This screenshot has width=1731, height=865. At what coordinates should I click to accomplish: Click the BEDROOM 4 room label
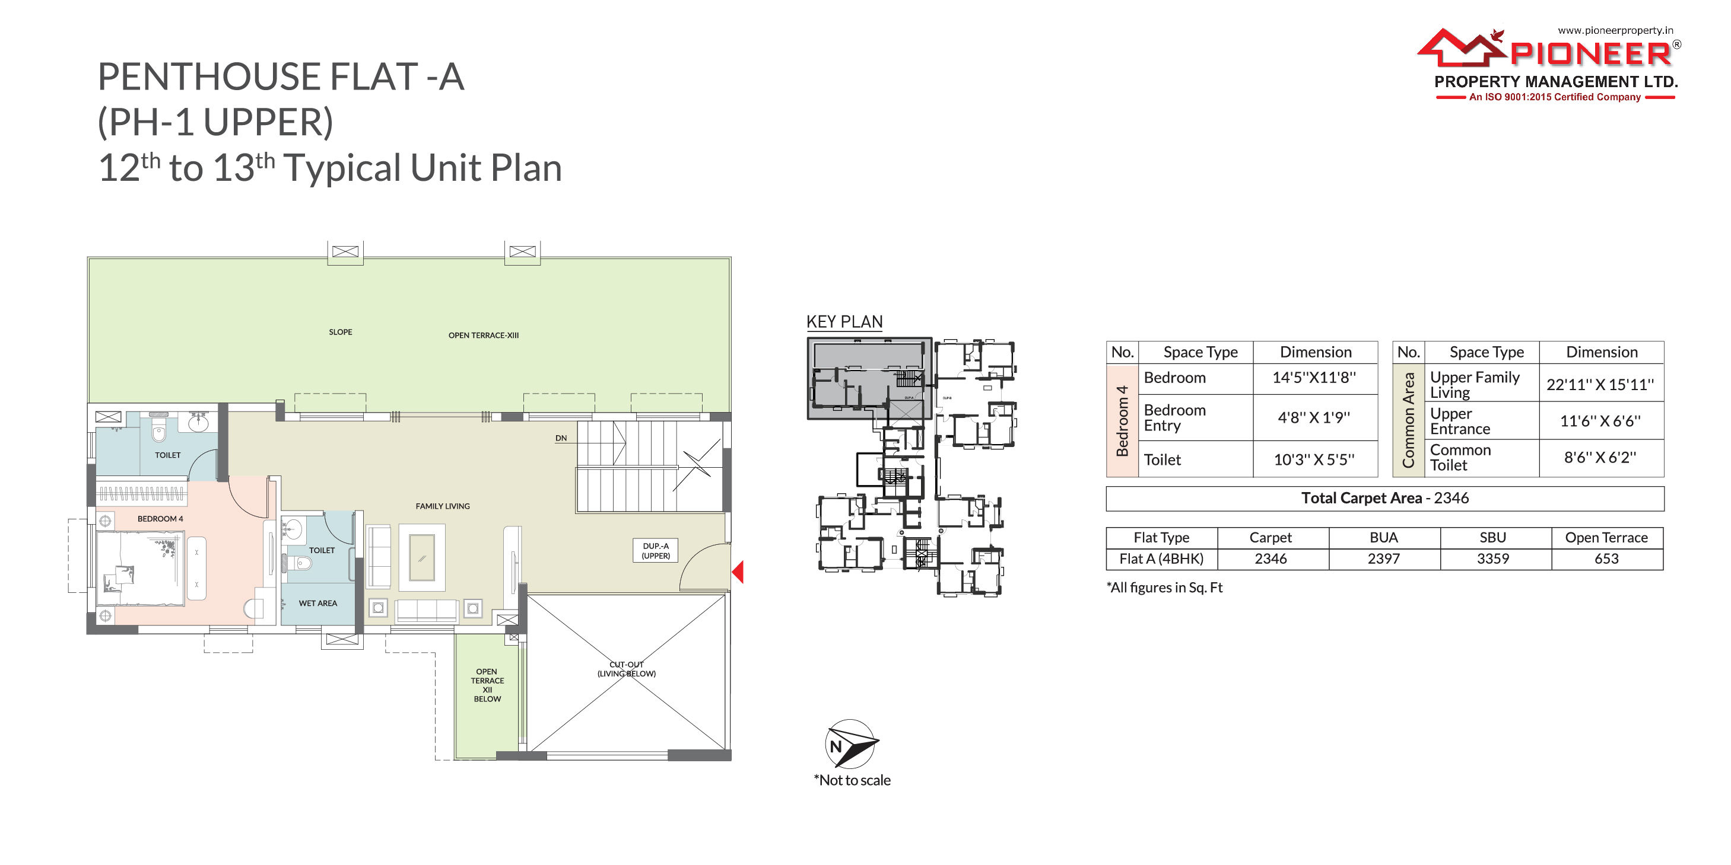coord(160,518)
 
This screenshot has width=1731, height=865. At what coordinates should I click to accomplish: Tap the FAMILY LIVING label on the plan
coord(442,506)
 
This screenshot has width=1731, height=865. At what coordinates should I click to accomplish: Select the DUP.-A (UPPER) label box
coord(655,550)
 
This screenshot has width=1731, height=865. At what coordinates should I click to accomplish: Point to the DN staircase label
coord(561,438)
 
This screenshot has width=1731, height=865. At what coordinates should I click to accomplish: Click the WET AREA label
coord(318,603)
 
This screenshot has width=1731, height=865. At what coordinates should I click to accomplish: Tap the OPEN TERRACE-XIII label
coord(483,335)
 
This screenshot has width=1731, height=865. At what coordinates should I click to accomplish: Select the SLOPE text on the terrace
coord(341,332)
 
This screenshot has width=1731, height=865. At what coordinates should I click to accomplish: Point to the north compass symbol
coord(851,743)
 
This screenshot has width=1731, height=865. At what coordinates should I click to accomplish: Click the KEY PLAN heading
coord(844,322)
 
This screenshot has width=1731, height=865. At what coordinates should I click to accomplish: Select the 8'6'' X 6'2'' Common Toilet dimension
coord(1600,457)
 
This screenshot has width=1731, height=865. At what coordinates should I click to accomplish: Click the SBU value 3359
coord(1492,558)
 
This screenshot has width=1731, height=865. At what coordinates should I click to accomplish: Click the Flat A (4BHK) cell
coord(1161,558)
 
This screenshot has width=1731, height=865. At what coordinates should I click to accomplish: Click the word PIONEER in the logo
coord(1590,54)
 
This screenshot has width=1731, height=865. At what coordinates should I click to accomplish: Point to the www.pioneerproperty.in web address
coord(1615,30)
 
